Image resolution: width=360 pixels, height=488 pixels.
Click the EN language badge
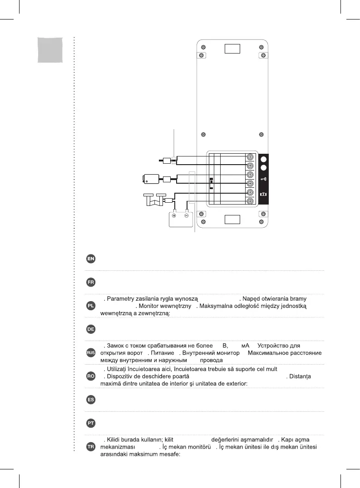pyautogui.click(x=91, y=259)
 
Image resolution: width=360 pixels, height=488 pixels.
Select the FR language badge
pyautogui.click(x=91, y=282)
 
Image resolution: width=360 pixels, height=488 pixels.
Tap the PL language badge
pyautogui.click(x=91, y=306)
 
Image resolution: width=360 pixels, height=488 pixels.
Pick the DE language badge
pyautogui.click(x=91, y=329)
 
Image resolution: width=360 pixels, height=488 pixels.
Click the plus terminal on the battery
pyautogui.click(x=174, y=215)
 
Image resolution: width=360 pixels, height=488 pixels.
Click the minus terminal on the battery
pyautogui.click(x=186, y=215)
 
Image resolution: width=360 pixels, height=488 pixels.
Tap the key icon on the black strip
pyautogui.click(x=263, y=180)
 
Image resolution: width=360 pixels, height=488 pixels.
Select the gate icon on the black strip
pyautogui.click(x=263, y=194)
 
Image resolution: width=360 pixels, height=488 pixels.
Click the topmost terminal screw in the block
pyautogui.click(x=250, y=157)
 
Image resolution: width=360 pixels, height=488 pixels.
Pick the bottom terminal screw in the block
pyautogui.click(x=250, y=201)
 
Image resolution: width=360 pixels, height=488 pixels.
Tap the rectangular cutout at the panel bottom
pyautogui.click(x=232, y=220)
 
